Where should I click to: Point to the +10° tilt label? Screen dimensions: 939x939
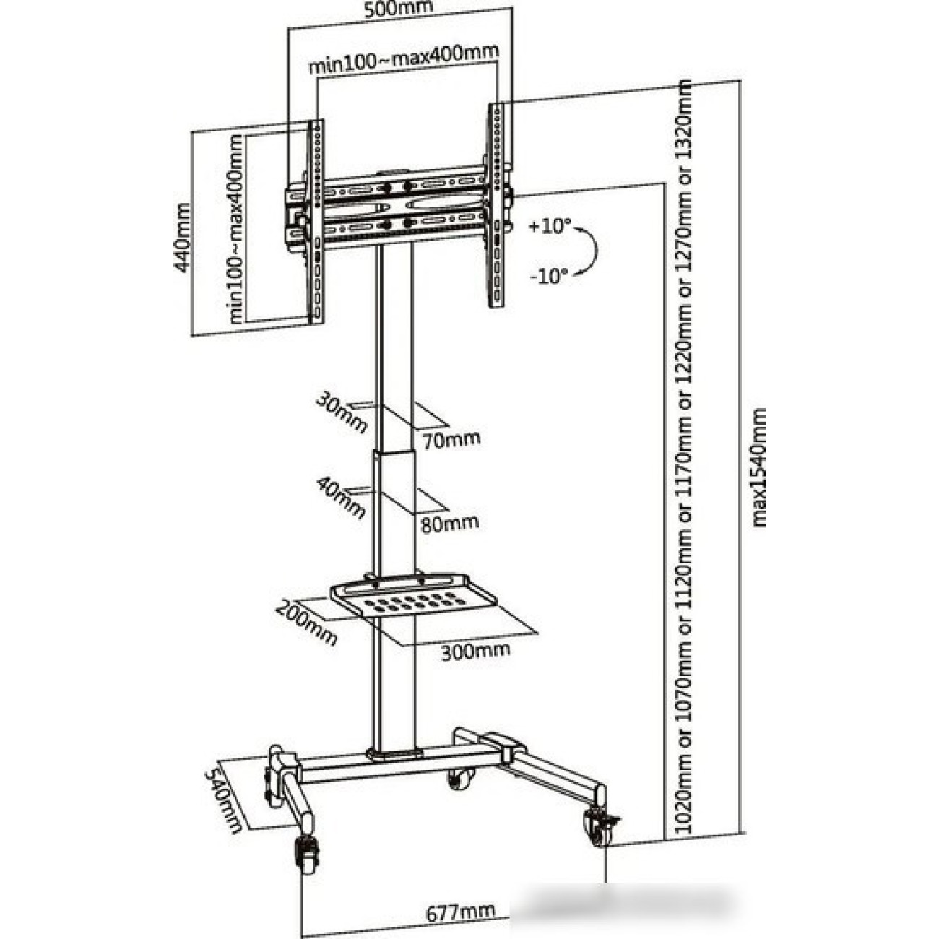click(549, 227)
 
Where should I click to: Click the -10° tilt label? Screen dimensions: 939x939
click(548, 275)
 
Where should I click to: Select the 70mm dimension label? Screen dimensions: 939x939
click(451, 438)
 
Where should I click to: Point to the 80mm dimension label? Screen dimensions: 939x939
click(449, 523)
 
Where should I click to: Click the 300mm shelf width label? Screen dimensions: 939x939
click(475, 650)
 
